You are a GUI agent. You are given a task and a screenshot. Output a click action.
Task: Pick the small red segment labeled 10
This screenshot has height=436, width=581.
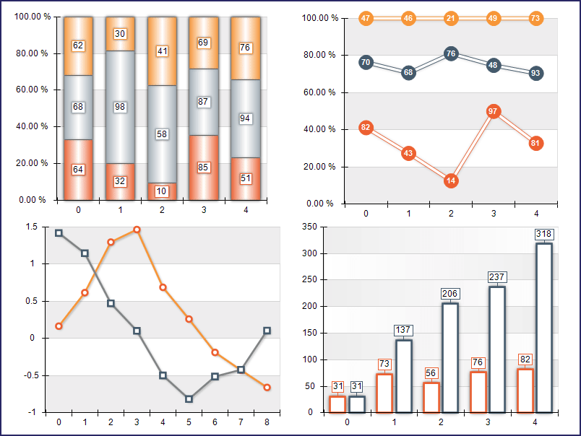161,191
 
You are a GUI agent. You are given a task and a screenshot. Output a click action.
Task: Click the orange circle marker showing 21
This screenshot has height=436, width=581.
451,18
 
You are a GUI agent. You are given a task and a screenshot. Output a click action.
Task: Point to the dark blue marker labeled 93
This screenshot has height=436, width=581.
535,73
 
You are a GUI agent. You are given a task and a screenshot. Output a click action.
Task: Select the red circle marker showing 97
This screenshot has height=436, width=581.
494,111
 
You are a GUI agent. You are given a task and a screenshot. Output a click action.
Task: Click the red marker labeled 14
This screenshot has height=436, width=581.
451,180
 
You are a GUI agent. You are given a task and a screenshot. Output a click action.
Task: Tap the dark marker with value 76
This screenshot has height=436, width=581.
451,53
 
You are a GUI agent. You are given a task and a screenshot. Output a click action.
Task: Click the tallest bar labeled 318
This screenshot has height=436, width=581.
544,328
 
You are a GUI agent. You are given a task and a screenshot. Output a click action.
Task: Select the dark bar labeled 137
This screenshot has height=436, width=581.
404,375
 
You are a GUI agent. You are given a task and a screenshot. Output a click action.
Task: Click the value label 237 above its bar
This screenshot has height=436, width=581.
498,276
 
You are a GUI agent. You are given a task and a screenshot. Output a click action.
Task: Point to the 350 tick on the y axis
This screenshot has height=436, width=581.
308,227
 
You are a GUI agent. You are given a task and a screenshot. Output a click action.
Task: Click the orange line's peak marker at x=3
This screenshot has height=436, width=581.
137,230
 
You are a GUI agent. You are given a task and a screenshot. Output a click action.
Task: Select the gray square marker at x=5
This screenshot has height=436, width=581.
189,398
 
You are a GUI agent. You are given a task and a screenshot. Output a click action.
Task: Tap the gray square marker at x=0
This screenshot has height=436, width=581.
59,233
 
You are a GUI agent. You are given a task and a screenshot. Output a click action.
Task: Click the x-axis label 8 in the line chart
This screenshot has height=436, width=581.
267,422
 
